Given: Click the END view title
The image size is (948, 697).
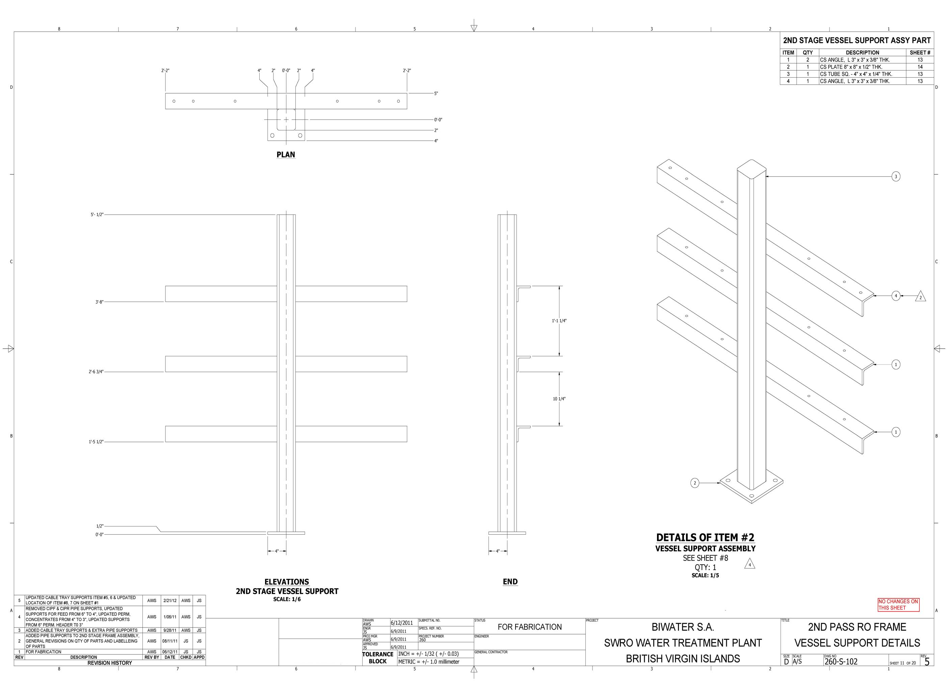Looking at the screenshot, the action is [x=510, y=582].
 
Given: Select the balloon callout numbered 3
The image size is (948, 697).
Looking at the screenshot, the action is [x=896, y=176].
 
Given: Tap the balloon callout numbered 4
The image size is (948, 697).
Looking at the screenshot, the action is [x=896, y=296].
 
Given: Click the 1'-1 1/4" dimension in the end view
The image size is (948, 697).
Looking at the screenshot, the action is [x=559, y=321].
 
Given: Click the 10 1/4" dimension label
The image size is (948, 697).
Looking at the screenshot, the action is [x=559, y=399].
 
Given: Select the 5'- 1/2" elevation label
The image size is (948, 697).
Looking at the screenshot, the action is [x=97, y=215].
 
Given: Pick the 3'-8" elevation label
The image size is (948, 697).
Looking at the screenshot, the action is [x=99, y=302].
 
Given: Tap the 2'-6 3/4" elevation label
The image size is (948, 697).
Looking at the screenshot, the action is [x=96, y=372].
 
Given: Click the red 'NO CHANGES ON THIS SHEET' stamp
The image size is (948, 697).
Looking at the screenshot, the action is [x=898, y=604].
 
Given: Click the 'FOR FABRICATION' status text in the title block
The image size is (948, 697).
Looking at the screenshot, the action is [x=530, y=627].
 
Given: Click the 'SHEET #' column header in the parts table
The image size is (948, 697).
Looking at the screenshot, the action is [x=920, y=53].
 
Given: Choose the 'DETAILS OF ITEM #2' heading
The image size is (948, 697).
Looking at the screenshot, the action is [x=706, y=538].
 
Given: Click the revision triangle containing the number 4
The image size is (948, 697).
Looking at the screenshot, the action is [x=749, y=564].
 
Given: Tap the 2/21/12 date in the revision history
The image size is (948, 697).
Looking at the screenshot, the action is [x=170, y=600].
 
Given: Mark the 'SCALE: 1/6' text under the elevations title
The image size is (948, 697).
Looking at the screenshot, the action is [x=287, y=599].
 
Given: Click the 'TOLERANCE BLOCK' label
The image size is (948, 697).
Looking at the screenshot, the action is [x=378, y=658].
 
